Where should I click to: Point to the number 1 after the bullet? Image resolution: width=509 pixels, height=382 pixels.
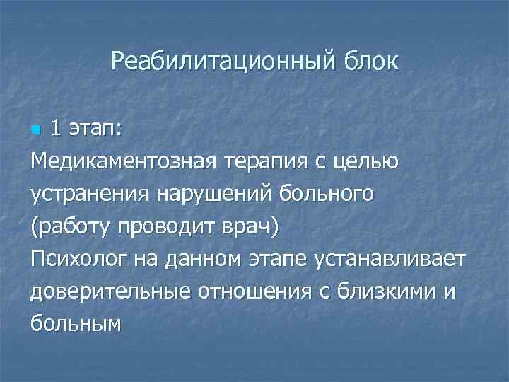pyautogui.click(x=56, y=129)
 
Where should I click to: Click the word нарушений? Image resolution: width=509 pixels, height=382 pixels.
pyautogui.click(x=210, y=194)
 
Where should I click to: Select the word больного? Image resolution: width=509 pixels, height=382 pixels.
pyautogui.click(x=325, y=194)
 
